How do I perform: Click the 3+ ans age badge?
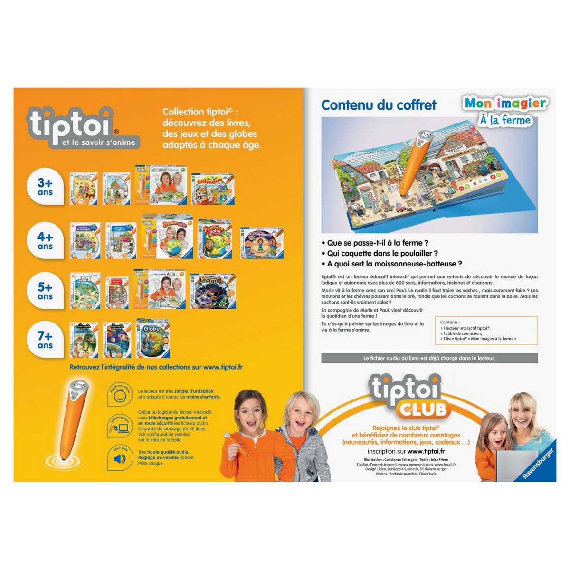(x=46, y=187)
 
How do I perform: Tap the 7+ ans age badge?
(x=46, y=340)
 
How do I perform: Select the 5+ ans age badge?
(x=46, y=291)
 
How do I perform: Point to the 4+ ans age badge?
(x=46, y=241)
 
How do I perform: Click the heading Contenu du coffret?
(x=379, y=105)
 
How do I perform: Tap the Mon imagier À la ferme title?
(x=504, y=111)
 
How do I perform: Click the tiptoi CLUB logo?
(x=406, y=397)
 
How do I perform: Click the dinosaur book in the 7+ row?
(x=85, y=340)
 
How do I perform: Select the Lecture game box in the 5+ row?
(x=212, y=290)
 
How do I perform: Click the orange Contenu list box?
(x=486, y=331)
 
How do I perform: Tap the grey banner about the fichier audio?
(x=429, y=358)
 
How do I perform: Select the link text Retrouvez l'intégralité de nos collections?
(x=156, y=367)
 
